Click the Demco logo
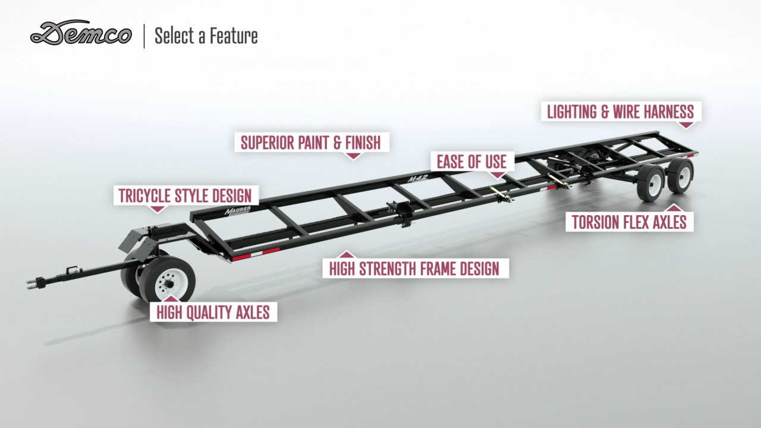[81, 33]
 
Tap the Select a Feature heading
[206, 36]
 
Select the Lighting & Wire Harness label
[620, 112]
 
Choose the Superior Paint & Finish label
[310, 143]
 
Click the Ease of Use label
[471, 162]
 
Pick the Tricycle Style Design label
[185, 196]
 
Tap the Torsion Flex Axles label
[629, 222]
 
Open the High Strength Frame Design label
[414, 268]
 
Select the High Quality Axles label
[213, 311]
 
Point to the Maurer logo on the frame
[238, 212]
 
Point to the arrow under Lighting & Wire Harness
[686, 125]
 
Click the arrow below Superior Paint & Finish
[353, 156]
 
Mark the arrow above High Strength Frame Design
[350, 254]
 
